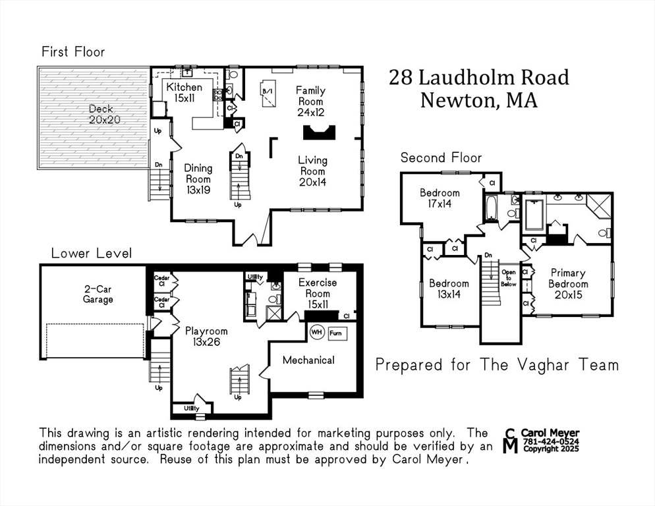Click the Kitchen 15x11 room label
[x=185, y=93]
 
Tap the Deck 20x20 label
[x=101, y=115]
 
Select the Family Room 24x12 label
[x=310, y=101]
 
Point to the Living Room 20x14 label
[x=312, y=171]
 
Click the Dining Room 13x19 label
[x=198, y=179]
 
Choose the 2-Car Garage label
[x=98, y=295]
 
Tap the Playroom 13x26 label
[x=206, y=337]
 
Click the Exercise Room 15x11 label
[x=318, y=293]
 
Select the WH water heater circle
[x=317, y=333]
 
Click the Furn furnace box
[x=337, y=333]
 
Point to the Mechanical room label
[x=308, y=360]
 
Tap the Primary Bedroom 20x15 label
[x=568, y=284]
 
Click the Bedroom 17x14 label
[x=440, y=198]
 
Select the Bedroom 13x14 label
[x=449, y=289]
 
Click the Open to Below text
[x=509, y=278]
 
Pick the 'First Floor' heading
[x=73, y=52]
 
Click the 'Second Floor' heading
[x=441, y=158]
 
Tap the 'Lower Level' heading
[x=92, y=253]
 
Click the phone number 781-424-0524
[x=551, y=441]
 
